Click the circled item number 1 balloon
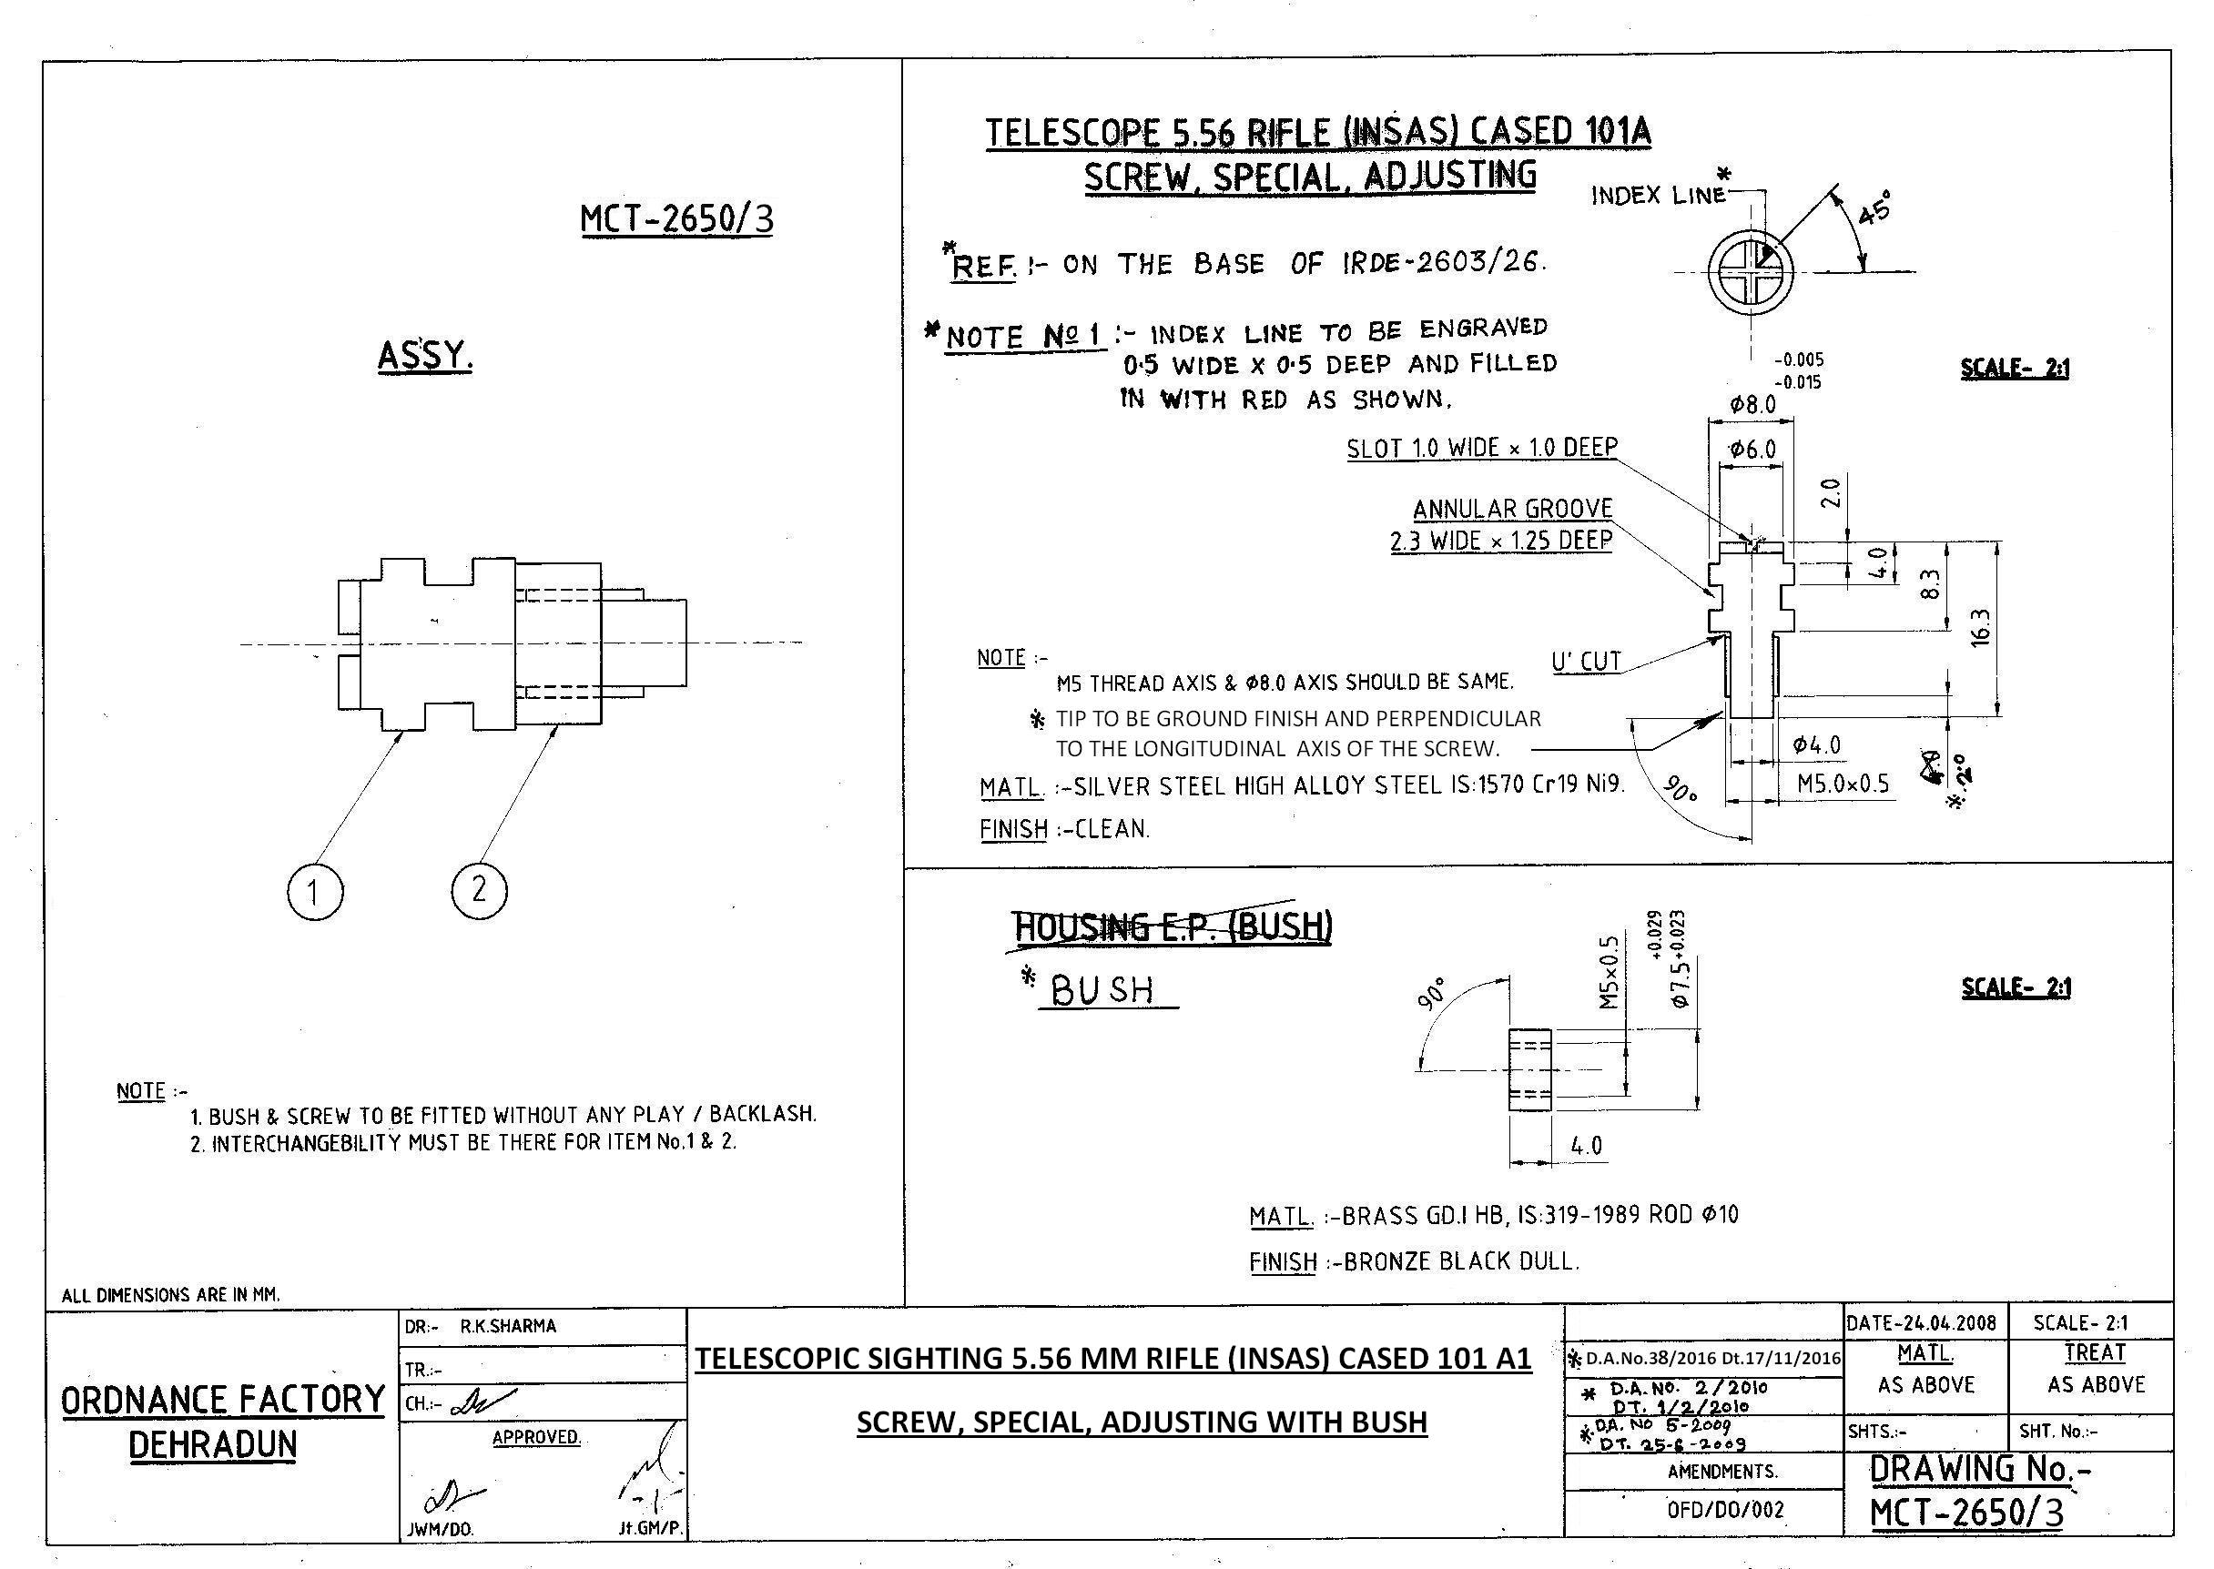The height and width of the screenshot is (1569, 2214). click(x=315, y=891)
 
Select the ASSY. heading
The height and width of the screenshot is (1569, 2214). click(x=425, y=357)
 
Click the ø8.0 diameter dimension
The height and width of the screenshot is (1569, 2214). click(x=1754, y=405)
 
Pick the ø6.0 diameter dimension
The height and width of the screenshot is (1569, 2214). click(x=1753, y=450)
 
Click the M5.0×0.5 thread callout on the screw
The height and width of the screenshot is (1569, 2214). click(x=1843, y=783)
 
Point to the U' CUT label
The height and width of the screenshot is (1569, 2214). click(x=1587, y=662)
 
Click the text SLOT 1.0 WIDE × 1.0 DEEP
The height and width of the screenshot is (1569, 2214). click(x=1482, y=449)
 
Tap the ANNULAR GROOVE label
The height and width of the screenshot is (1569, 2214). click(x=1513, y=509)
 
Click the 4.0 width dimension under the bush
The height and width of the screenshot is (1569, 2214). click(x=1587, y=1146)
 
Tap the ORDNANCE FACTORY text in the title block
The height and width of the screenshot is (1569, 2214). click(x=222, y=1400)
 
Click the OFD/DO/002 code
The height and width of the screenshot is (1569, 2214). click(x=1725, y=1510)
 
